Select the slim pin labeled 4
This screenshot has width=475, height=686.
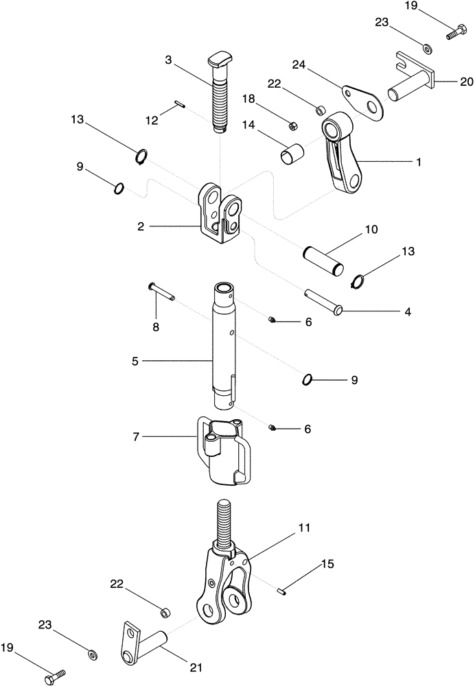[x=323, y=302]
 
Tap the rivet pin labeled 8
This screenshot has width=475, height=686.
[x=161, y=291]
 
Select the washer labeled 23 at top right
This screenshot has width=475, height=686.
[x=426, y=48]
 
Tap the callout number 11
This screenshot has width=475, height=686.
[x=303, y=528]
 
